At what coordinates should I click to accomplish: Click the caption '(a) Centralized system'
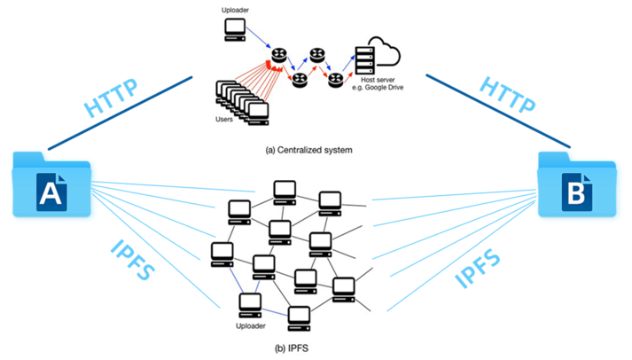[x=308, y=151]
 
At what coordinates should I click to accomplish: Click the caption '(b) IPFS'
[x=290, y=348]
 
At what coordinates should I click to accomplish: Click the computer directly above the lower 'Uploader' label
[x=251, y=304]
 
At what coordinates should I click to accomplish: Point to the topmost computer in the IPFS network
[x=284, y=189]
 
